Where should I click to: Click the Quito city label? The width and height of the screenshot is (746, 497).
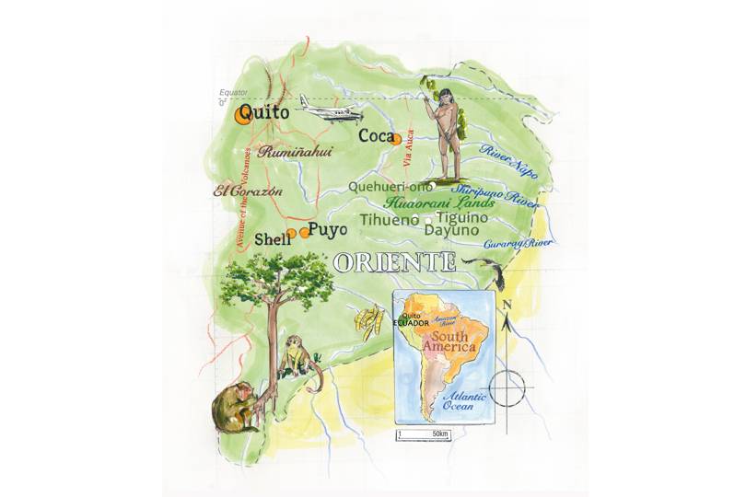point(268,112)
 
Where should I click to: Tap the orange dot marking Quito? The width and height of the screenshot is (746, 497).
point(243,114)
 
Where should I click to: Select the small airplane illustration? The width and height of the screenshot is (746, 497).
point(323,112)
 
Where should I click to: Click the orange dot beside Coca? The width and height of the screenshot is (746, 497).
point(396,140)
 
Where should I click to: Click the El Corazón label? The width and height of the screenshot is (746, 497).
point(247,191)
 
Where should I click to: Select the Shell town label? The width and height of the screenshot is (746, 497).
point(272,237)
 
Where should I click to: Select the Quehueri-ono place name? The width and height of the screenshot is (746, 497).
point(390,186)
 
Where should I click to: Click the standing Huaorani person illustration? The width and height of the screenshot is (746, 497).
point(445,133)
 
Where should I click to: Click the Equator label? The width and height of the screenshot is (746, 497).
point(233,93)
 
